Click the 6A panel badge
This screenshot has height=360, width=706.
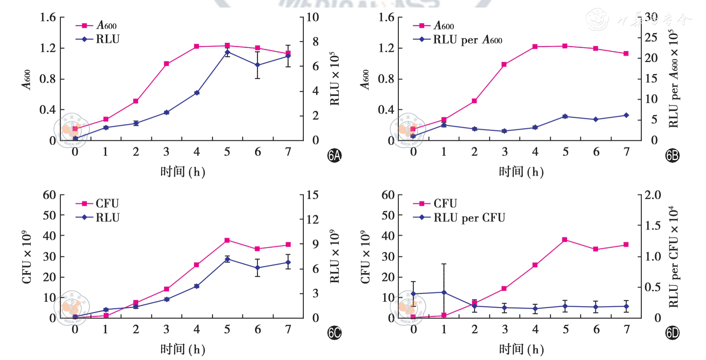(334, 155)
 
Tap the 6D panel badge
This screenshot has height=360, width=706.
(672, 333)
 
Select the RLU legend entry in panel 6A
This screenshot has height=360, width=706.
(107, 39)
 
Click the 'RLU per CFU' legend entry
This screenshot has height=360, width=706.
(469, 218)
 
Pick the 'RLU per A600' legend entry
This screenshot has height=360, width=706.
(467, 39)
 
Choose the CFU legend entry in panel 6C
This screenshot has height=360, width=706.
(107, 203)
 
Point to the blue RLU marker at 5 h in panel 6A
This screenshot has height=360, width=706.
(227, 52)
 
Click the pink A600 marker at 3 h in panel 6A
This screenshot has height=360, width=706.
(166, 64)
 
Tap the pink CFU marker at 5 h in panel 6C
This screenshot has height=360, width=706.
(227, 240)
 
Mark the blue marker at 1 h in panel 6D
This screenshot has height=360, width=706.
(444, 292)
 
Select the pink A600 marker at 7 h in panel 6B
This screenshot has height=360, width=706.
(626, 53)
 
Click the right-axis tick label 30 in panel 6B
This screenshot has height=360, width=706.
(651, 17)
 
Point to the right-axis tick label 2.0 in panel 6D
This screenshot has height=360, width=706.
(653, 195)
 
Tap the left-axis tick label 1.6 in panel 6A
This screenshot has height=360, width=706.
(48, 17)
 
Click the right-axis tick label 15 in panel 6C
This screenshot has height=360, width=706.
(312, 195)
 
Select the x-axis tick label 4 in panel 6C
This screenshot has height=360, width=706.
(196, 330)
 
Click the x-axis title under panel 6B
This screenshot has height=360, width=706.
(521, 172)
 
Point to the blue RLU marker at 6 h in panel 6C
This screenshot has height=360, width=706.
(258, 268)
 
